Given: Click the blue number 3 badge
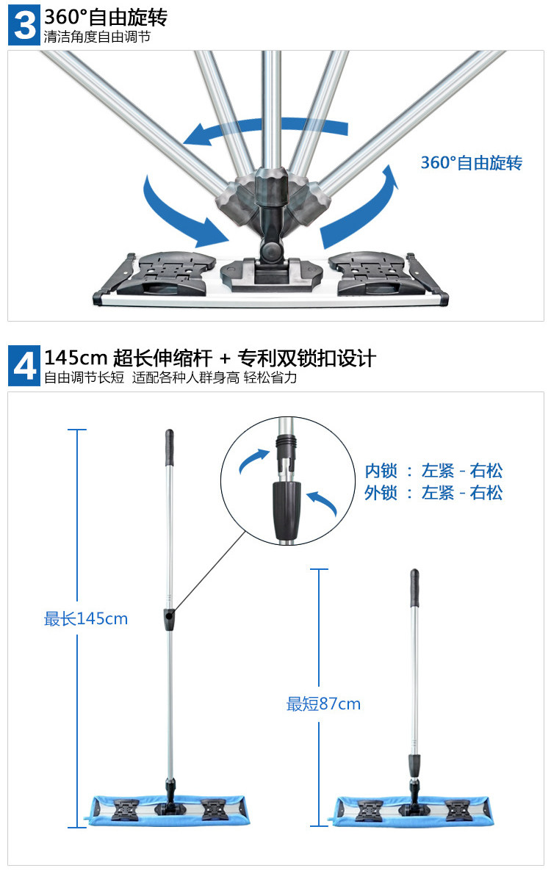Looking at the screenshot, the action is (24, 24).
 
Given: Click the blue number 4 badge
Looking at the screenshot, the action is (24, 366).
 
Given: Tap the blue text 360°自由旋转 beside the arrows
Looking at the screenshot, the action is (471, 163).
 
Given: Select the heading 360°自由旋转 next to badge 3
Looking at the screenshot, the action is (106, 16).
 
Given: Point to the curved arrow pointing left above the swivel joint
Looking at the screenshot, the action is (264, 131).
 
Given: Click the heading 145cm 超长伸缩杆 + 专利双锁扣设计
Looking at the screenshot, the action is (210, 358).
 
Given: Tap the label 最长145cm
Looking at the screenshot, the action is (85, 619).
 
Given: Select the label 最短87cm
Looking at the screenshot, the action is (323, 704).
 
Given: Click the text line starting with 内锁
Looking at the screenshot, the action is (433, 471).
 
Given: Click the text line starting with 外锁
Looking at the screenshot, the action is (433, 493).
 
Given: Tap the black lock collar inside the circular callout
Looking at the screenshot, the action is (286, 507).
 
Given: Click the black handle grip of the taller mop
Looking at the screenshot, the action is (169, 447).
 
